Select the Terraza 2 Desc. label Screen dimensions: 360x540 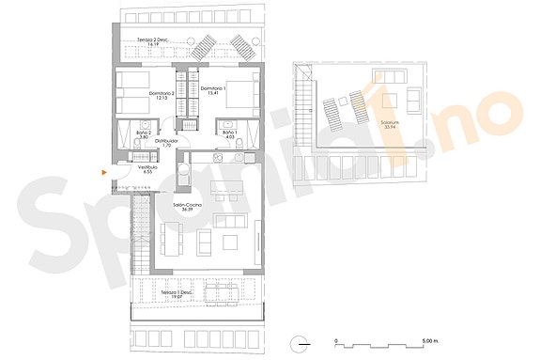[152, 40]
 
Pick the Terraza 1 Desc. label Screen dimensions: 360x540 [177, 293]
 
